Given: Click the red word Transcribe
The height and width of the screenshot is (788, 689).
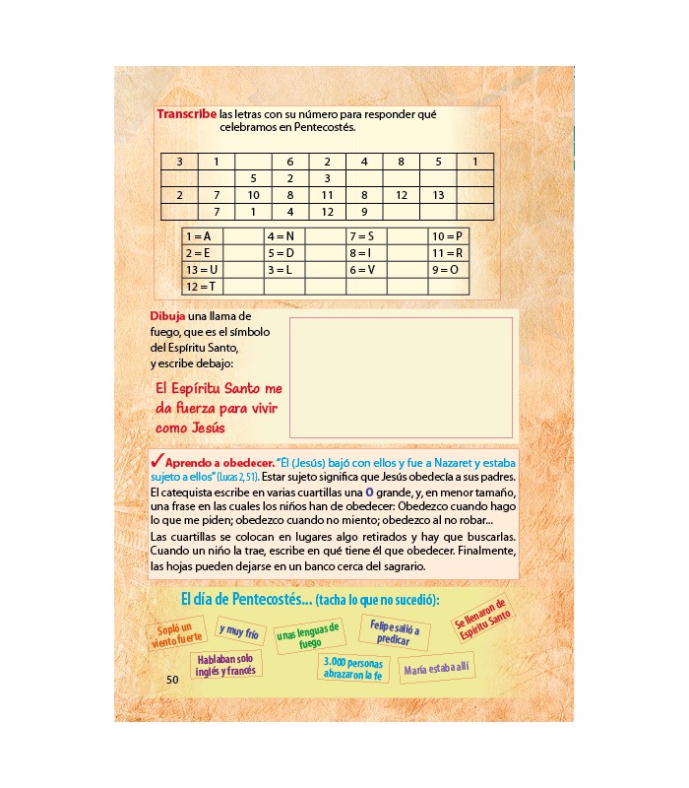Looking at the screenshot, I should [x=187, y=114].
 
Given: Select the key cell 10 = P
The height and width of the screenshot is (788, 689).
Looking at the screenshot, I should [x=447, y=236].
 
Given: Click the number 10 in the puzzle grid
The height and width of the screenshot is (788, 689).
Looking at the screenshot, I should [x=253, y=195].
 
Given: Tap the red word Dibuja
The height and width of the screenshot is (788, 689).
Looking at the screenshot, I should [x=166, y=315].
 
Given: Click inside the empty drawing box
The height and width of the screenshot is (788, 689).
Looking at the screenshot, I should [x=401, y=377].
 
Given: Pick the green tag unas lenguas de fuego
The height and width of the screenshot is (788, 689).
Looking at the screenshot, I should [x=309, y=635].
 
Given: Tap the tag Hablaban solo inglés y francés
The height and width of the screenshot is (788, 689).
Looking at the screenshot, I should [x=226, y=664].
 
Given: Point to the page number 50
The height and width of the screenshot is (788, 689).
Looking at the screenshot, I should [x=172, y=679].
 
